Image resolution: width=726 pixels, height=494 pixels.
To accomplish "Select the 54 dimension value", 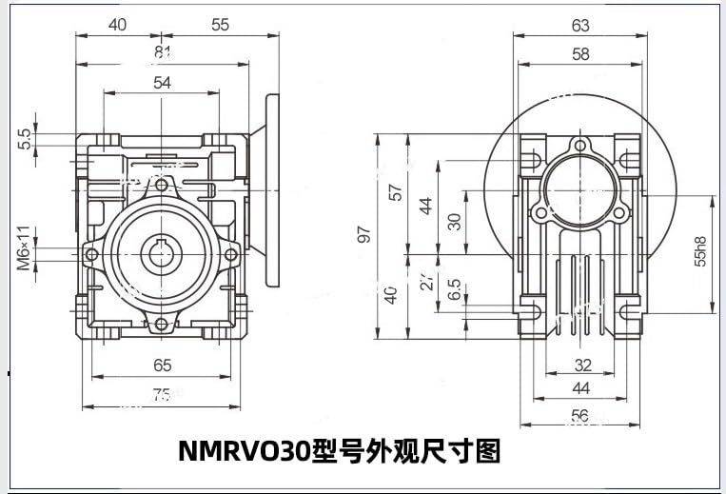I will click(162, 83).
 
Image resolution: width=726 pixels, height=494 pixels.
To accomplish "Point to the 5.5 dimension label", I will click(25, 140).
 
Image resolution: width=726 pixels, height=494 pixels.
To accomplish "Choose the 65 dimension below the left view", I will click(162, 365).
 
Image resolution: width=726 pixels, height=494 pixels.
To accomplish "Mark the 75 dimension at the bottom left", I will click(162, 395).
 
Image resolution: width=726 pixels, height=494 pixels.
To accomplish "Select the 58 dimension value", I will click(580, 54).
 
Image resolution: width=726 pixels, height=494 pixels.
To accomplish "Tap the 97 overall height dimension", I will click(363, 235).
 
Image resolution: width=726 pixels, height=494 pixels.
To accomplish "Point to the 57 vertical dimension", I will click(397, 190).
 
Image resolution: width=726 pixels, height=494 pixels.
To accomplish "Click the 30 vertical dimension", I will click(455, 221).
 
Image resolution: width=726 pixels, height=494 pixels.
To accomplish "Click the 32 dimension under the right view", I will click(582, 365).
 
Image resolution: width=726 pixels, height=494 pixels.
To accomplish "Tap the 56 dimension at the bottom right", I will click(579, 415).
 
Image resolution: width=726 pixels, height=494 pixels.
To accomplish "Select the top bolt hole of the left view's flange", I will click(162, 184).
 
